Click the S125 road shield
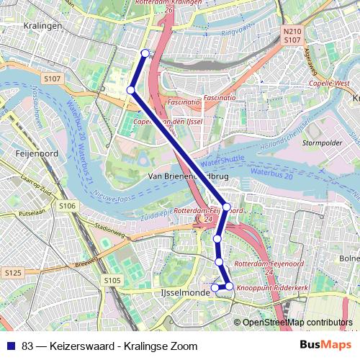coord(12,274)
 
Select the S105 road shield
coord(112,280)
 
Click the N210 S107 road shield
coord(292,36)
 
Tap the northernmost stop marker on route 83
coord(145,53)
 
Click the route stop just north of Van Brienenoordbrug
coord(130,90)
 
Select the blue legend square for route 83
coord(11,346)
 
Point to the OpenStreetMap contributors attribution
coord(297,322)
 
